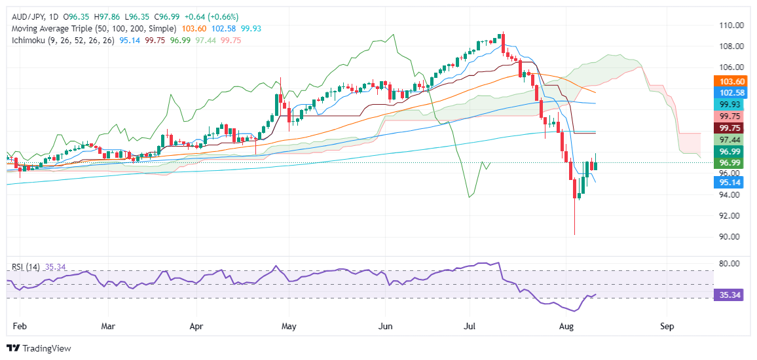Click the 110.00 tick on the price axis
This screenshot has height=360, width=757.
pos(729,26)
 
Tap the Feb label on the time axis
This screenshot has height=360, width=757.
pos(20,325)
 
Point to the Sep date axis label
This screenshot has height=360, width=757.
pos(667,325)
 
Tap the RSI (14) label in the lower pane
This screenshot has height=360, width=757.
pos(24,266)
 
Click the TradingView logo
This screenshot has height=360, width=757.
pos(39,348)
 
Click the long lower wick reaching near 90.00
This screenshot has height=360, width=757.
pos(574,216)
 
